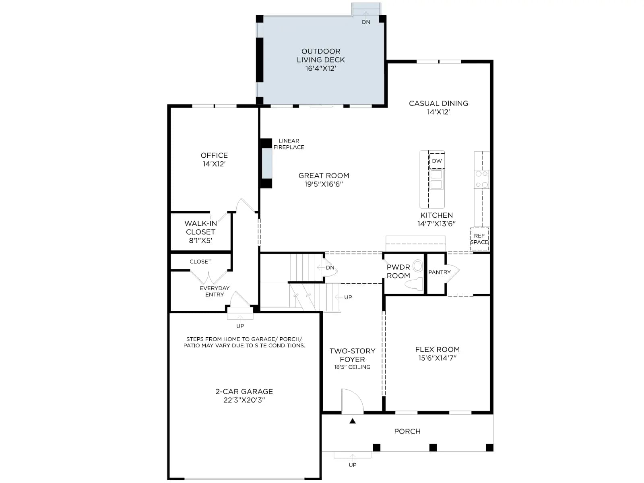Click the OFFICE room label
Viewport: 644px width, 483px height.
pyautogui.click(x=214, y=155)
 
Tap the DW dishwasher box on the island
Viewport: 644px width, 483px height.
pyautogui.click(x=437, y=161)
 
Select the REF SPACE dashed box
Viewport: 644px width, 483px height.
pyautogui.click(x=479, y=239)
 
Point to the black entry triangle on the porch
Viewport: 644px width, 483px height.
pyautogui.click(x=352, y=421)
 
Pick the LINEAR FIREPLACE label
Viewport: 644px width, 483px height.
pyautogui.click(x=289, y=144)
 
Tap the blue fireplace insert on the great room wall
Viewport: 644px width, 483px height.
pyautogui.click(x=267, y=164)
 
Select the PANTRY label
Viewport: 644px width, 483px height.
pyautogui.click(x=439, y=272)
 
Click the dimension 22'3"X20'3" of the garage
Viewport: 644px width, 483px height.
pyautogui.click(x=244, y=400)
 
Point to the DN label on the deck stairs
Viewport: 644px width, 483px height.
pyautogui.click(x=366, y=22)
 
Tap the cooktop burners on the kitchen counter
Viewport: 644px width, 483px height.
pyautogui.click(x=481, y=179)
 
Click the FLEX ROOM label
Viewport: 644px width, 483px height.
pyautogui.click(x=438, y=349)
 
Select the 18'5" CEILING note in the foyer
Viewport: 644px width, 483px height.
pyautogui.click(x=352, y=367)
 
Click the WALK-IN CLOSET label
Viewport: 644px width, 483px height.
pyautogui.click(x=201, y=227)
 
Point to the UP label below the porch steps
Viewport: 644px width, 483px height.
pyautogui.click(x=352, y=465)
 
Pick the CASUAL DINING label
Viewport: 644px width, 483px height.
pyautogui.click(x=438, y=103)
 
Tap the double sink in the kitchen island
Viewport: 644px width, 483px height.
pyautogui.click(x=436, y=179)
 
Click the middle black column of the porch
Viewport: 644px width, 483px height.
pyautogui.click(x=433, y=448)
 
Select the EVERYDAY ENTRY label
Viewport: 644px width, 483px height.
pyautogui.click(x=215, y=291)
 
